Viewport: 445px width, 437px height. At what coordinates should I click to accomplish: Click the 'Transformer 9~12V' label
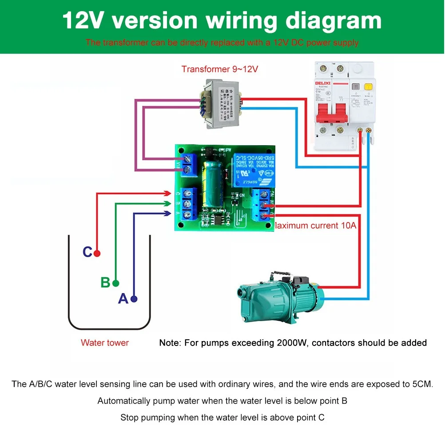tap(219, 69)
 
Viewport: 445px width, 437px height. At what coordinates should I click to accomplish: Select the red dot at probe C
tap(97, 253)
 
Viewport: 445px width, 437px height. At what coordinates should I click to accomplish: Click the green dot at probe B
tap(116, 283)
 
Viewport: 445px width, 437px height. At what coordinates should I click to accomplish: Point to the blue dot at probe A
tap(134, 299)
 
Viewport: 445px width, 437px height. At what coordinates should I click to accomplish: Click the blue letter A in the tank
tap(123, 299)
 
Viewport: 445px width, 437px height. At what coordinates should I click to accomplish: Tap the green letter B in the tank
tap(105, 282)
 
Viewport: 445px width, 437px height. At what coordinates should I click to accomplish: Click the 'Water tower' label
tap(105, 343)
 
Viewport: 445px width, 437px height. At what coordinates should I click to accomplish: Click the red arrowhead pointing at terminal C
tap(167, 194)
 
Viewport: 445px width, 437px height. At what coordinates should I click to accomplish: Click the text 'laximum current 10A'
tap(315, 226)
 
